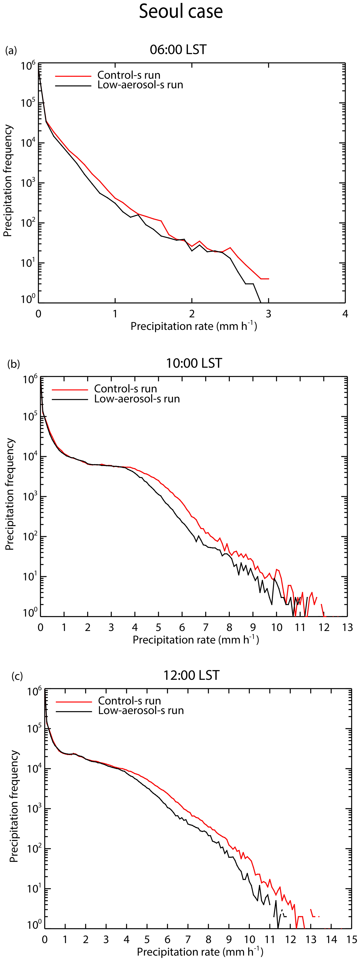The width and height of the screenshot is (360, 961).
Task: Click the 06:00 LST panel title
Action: (178, 50)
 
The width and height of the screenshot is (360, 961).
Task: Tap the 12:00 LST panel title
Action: (191, 675)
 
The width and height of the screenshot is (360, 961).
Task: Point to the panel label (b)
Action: (13, 364)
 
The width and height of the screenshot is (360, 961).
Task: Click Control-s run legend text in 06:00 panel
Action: (129, 75)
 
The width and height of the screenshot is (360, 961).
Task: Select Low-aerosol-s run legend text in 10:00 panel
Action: (137, 399)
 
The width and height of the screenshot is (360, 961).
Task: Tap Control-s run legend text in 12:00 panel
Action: (129, 701)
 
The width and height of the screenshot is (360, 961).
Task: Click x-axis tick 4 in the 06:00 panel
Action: (345, 314)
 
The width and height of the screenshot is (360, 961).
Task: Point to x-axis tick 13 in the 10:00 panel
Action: (347, 627)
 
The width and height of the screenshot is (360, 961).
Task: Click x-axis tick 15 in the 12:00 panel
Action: (351, 939)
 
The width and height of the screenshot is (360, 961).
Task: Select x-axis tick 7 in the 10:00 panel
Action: (206, 627)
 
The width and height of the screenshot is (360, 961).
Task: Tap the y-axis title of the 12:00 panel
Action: (14, 806)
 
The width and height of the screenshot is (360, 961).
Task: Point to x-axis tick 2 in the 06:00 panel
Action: (192, 314)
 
